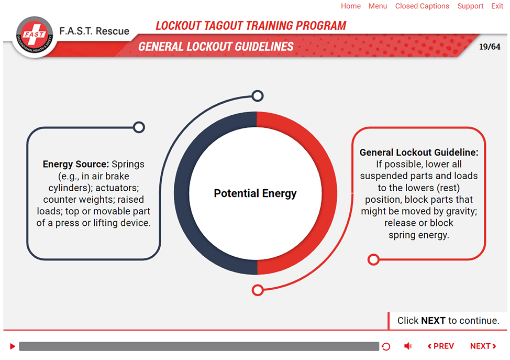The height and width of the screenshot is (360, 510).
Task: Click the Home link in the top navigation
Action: coord(351,6)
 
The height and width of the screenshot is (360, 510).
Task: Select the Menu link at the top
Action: coord(378,6)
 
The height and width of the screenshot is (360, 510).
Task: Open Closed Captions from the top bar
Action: coord(422,6)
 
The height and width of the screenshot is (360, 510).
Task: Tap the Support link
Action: coord(470,6)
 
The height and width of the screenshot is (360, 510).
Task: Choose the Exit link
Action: coord(497,6)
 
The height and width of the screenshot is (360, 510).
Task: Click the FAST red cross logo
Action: coord(35,35)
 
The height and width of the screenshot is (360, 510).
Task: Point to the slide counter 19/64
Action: coord(490,47)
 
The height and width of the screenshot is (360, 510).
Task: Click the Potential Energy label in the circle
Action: coord(256,193)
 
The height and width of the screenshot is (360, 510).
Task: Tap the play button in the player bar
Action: coord(13,346)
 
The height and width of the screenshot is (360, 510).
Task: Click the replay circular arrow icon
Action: coord(386,347)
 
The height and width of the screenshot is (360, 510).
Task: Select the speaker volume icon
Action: coord(408,346)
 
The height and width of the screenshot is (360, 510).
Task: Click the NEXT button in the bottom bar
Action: coord(483,346)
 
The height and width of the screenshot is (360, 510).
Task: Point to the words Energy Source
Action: coord(76,164)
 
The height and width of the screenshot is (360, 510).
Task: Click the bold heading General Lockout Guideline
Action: coord(419,152)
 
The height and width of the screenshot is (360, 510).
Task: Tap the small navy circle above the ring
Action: coord(258,96)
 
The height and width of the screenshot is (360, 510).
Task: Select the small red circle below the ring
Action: coord(258,290)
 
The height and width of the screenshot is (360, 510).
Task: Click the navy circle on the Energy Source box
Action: coord(139,127)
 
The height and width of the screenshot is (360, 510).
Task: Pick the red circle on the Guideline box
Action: coord(373,259)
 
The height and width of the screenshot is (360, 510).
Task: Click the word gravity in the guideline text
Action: coord(461,211)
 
